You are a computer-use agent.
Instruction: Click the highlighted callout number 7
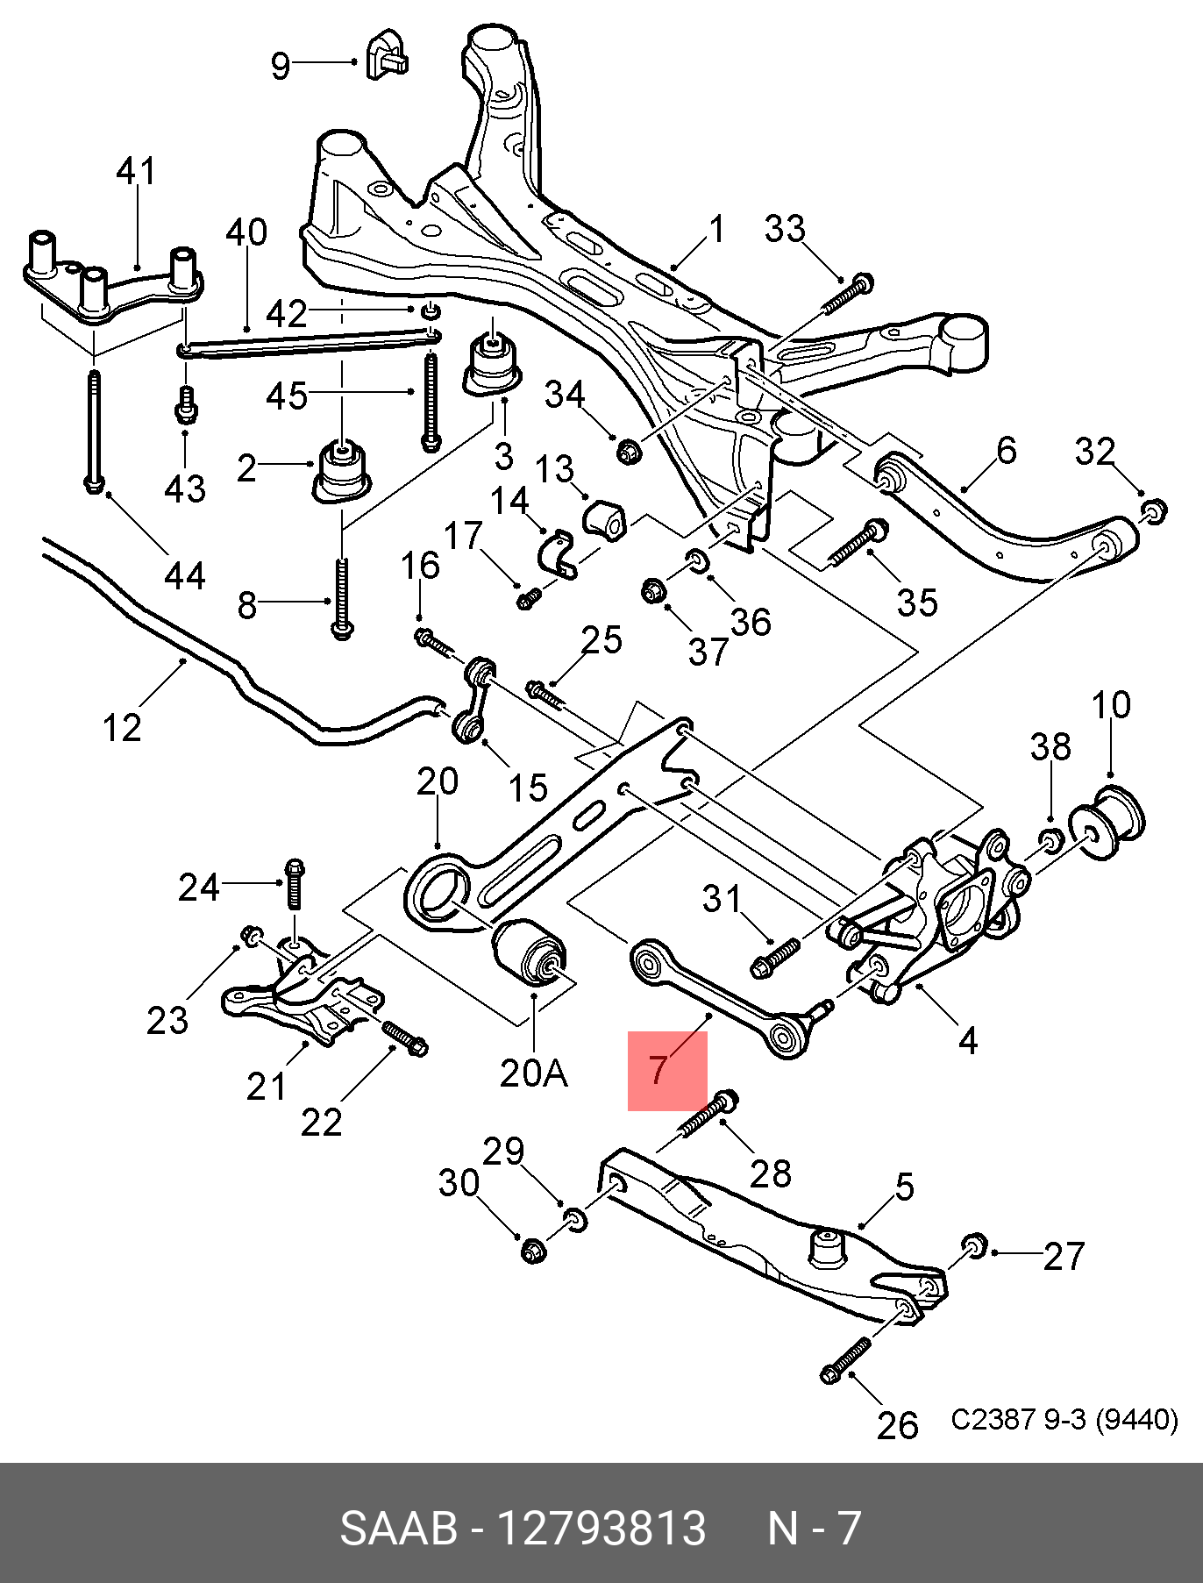click(658, 1069)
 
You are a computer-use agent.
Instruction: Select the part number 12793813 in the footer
click(601, 1528)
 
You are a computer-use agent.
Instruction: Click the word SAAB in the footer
click(398, 1528)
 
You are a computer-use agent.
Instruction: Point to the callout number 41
click(136, 171)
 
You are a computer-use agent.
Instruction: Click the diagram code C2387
click(993, 1419)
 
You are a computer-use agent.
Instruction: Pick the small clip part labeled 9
click(387, 54)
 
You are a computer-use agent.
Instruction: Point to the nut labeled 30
click(532, 1250)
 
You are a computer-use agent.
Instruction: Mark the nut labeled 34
click(630, 452)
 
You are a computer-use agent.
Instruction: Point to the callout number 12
click(122, 727)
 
